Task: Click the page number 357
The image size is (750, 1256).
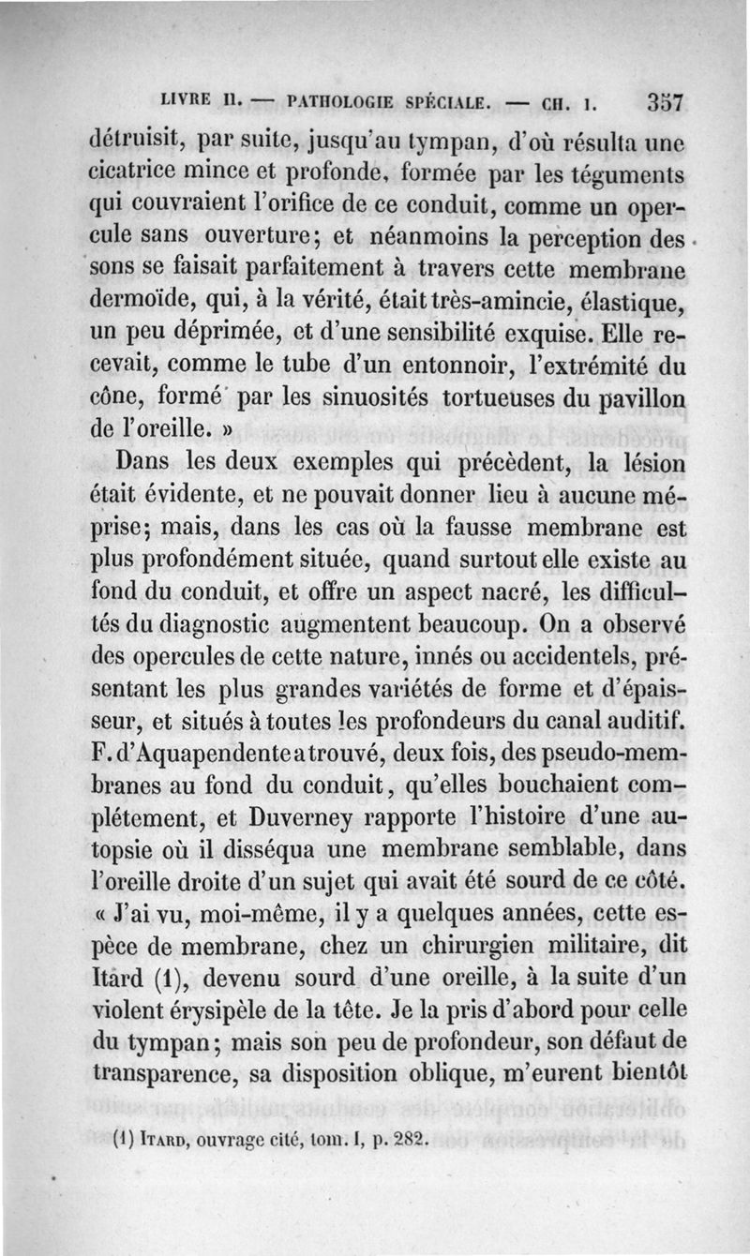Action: click(662, 100)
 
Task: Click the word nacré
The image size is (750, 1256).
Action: click(510, 592)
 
